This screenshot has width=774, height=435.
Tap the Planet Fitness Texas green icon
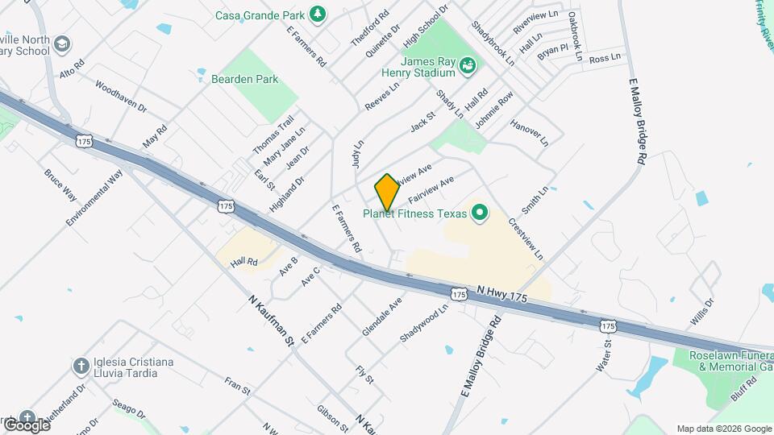480,213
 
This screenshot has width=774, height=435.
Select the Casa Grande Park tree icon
318,14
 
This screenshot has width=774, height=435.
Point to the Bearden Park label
244,79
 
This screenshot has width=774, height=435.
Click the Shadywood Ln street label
424,323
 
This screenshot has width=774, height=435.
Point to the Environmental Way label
94,197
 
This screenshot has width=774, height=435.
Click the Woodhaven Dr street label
121,95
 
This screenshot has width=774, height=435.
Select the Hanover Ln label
529,133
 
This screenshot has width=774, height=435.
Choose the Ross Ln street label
605,58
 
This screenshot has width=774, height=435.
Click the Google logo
26,425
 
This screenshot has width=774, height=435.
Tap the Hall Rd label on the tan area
243,262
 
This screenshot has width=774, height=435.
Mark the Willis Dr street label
702,313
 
